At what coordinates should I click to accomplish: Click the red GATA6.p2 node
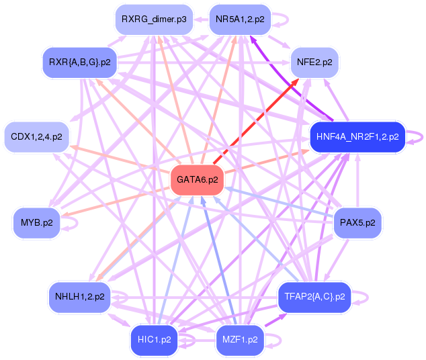coord(198,180)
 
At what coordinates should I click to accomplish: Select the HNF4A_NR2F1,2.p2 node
coord(357,136)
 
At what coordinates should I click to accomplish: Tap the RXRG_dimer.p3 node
coord(154,19)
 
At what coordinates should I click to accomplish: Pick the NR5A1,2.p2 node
coord(240,19)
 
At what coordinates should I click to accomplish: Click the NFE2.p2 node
coord(314,62)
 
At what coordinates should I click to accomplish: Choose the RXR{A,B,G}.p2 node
coord(79,62)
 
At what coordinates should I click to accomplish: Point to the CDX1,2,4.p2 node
coord(36,136)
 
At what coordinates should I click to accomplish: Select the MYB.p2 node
coord(36,222)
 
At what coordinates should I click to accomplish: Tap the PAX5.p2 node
coord(357,222)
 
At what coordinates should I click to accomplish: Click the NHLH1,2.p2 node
coord(79,296)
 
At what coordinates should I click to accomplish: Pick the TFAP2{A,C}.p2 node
coord(314,296)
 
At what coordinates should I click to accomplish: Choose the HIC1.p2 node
coord(154,340)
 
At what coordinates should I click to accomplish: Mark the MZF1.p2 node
coord(240,340)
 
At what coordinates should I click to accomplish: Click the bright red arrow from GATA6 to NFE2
coord(255,122)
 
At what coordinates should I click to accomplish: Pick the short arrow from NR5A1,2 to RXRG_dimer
coord(201,19)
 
